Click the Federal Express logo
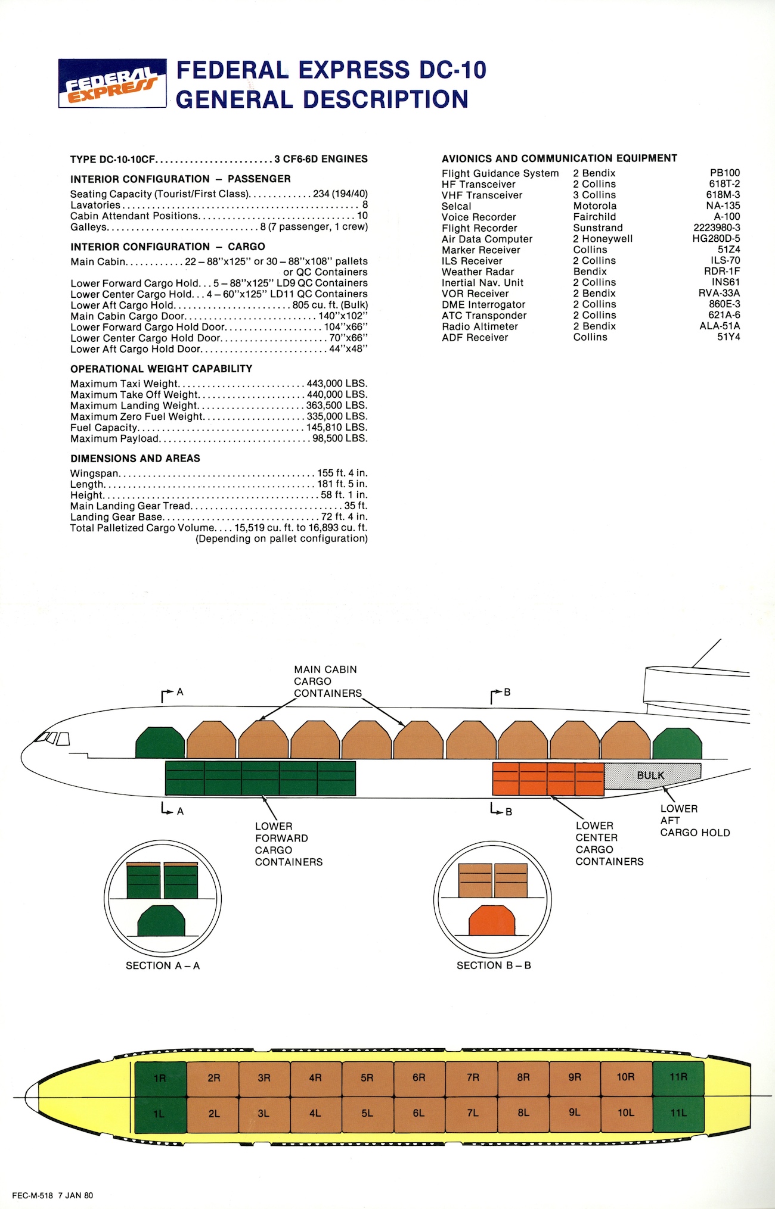coord(112,83)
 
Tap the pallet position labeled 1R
coord(160,1079)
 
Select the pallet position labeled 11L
coord(678,1113)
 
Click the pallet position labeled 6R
coord(419,1079)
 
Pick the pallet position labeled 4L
coord(315,1113)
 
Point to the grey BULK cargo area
coord(652,775)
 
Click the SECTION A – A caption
coord(163,965)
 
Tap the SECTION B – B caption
coord(494,965)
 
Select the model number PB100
coord(724,173)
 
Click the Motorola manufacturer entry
coord(595,206)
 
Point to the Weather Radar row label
coord(478,272)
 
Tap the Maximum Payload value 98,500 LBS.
coord(340,439)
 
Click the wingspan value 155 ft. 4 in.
coord(342,473)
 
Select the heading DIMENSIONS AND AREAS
coord(135,459)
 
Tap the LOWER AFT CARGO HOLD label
coord(695,821)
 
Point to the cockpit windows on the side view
coord(52,739)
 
